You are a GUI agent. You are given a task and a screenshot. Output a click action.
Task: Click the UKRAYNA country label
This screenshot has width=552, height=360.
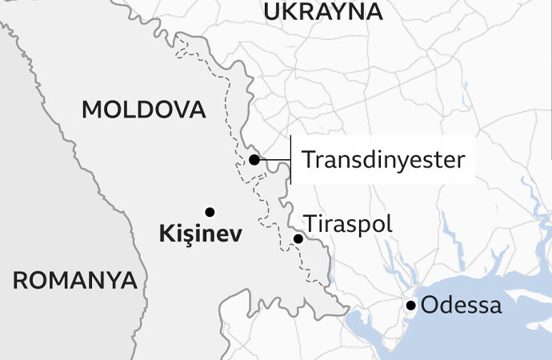coord(322,11)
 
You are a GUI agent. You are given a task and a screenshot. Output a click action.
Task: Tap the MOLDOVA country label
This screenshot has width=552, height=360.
coord(144,110)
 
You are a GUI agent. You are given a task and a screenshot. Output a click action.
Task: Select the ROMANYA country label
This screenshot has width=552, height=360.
coord(74,280)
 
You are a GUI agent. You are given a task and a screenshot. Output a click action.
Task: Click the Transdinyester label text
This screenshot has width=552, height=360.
coord(383,159)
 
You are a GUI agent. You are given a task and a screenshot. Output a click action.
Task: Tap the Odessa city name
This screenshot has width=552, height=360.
coord(462,305)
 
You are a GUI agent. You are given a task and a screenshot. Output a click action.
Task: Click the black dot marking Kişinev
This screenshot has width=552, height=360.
coord(210,212)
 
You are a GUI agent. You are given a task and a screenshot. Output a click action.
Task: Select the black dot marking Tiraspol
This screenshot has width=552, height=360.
coord(298,238)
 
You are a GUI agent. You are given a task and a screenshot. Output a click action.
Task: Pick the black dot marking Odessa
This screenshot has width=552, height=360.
coord(410,305)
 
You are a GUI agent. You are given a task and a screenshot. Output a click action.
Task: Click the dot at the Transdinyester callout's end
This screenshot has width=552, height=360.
coord(254,159)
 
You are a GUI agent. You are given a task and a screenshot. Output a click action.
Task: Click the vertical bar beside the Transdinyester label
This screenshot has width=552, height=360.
coord(290,159)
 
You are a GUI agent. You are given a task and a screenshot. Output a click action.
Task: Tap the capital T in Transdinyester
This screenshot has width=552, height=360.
coord(307,159)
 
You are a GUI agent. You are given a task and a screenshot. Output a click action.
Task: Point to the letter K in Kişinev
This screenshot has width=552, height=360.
coord(166,234)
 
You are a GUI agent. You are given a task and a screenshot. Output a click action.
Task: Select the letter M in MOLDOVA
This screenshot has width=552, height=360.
coord(91,110)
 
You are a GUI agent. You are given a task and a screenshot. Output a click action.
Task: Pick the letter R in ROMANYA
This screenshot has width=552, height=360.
coord(20,280)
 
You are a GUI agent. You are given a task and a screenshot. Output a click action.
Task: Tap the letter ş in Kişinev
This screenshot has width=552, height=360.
coord(183,235)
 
